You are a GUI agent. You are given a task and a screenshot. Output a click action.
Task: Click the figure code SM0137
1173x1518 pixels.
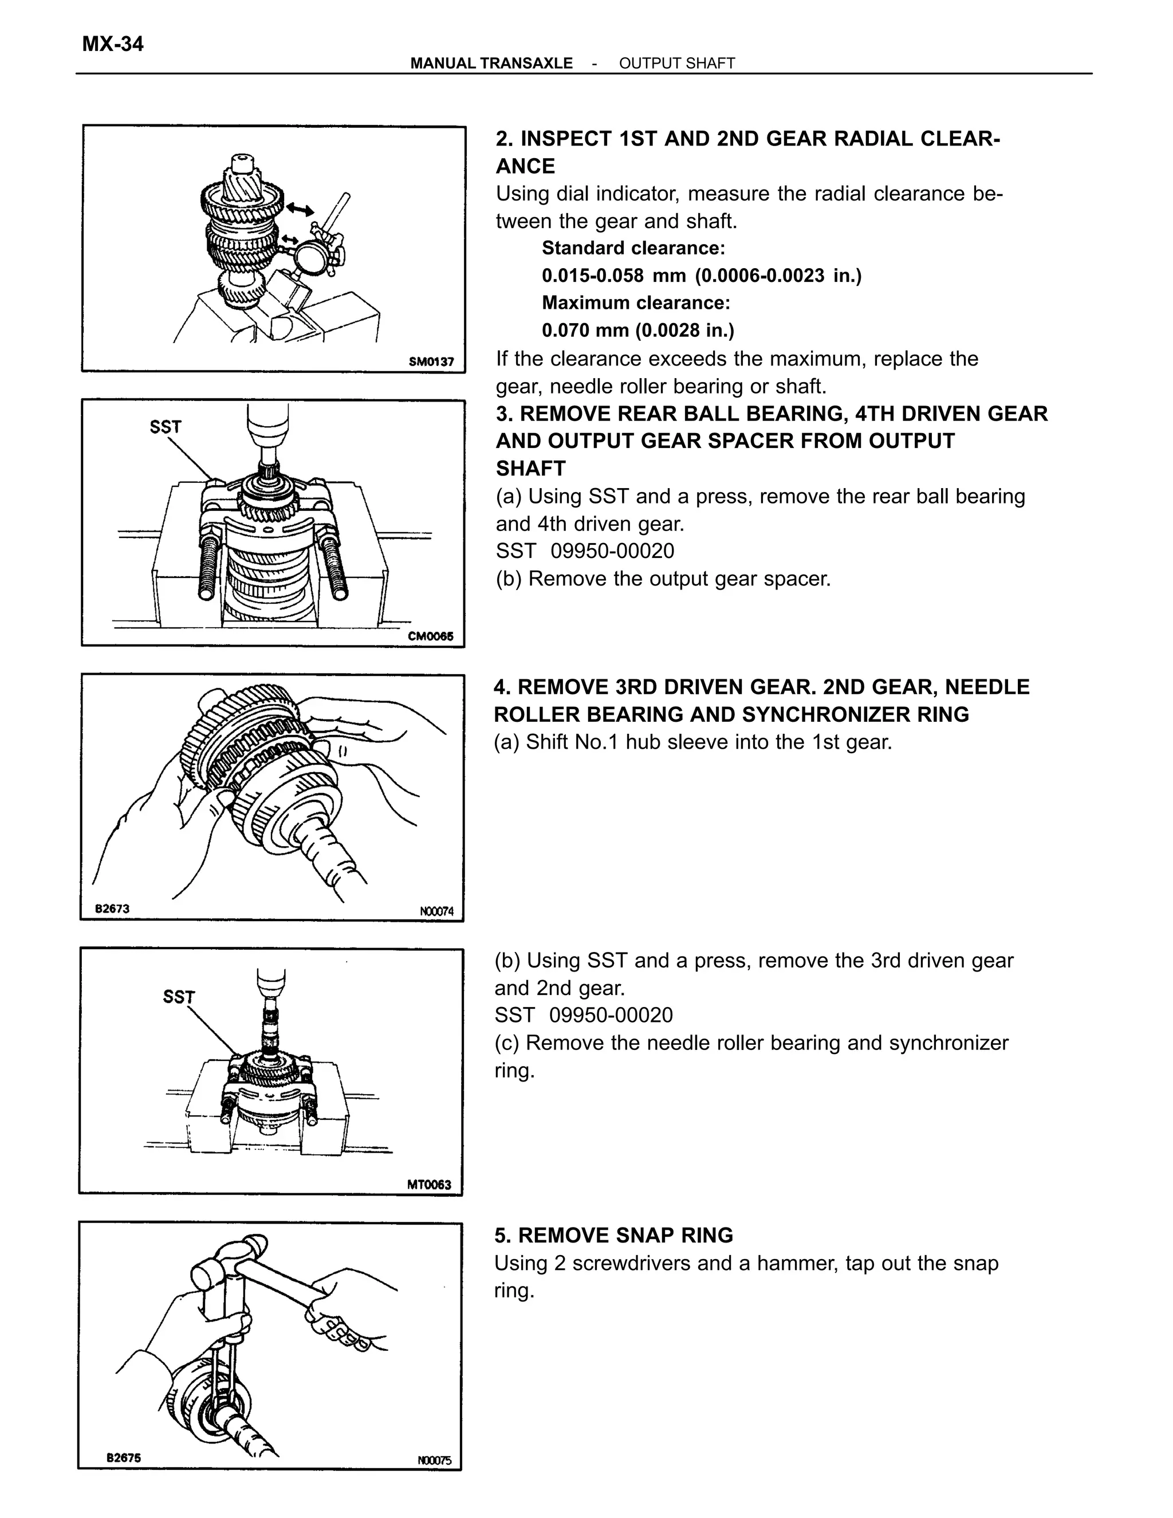pyautogui.click(x=431, y=361)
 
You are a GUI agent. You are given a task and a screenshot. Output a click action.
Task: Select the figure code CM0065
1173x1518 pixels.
pyautogui.click(x=431, y=636)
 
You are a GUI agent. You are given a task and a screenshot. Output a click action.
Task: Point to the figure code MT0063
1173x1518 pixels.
pyautogui.click(x=429, y=1185)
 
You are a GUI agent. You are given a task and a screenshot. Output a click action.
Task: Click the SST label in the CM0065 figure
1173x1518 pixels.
pyautogui.click(x=166, y=427)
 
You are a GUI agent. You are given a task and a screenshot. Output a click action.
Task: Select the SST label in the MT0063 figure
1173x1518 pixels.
pyautogui.click(x=179, y=997)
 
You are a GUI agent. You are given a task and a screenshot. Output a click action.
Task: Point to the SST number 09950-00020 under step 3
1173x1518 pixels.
pyautogui.click(x=612, y=551)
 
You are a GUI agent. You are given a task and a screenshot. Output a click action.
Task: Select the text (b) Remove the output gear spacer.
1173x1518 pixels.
pyautogui.click(x=663, y=579)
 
